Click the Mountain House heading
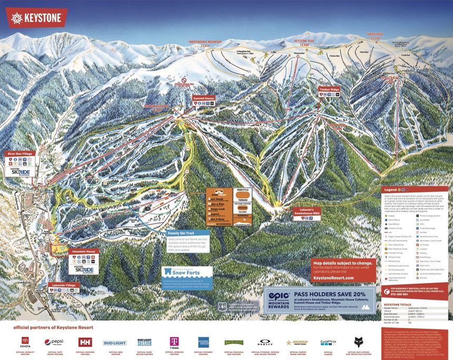coord(83,251)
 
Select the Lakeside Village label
coord(62,285)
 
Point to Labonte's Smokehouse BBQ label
coord(307,211)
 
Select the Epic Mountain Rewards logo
coord(279,299)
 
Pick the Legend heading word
coord(390,189)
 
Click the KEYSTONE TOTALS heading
coord(398,305)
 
